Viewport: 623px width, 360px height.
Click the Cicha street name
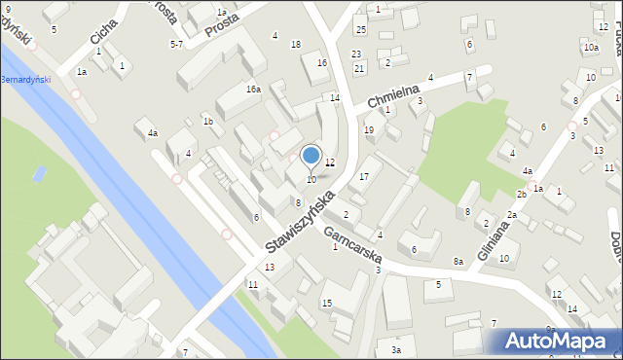pyautogui.click(x=102, y=32)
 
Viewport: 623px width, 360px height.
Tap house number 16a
pyautogui.click(x=253, y=90)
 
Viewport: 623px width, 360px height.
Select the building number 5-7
pyautogui.click(x=176, y=44)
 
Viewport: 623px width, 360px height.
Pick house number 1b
pyautogui.click(x=207, y=122)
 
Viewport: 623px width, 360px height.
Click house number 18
pyautogui.click(x=296, y=45)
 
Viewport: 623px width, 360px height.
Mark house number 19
pyautogui.click(x=368, y=129)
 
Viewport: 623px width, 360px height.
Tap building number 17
pyautogui.click(x=364, y=176)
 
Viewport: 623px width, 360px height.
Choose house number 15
pyautogui.click(x=327, y=304)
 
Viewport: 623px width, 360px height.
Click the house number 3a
pyautogui.click(x=395, y=349)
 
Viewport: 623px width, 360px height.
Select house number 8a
pyautogui.click(x=458, y=261)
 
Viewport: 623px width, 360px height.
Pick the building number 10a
pyautogui.click(x=591, y=48)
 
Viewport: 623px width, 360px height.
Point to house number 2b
pyautogui.click(x=522, y=195)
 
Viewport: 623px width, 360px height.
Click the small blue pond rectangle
pyautogui.click(x=39, y=175)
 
